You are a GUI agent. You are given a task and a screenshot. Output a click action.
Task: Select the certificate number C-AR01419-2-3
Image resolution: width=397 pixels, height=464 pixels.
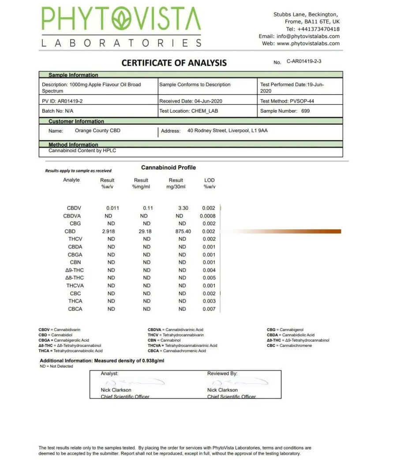coord(304,61)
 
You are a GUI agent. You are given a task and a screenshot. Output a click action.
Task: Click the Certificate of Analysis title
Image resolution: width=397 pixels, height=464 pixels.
coord(174,63)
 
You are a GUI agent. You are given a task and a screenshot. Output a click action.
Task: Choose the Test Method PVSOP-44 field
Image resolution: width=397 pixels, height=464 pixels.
coord(287,101)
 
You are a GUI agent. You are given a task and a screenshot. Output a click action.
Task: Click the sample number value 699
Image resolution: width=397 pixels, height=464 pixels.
coord(305,111)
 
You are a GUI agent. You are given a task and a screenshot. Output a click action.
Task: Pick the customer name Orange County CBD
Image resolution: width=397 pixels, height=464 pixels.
coord(97,131)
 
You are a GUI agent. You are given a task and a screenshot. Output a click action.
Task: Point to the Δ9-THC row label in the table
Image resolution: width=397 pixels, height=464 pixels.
coord(74,270)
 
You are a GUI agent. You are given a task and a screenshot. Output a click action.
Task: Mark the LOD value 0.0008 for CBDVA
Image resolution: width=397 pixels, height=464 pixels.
coord(208,216)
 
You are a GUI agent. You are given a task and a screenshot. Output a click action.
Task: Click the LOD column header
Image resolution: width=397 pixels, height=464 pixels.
coord(209,180)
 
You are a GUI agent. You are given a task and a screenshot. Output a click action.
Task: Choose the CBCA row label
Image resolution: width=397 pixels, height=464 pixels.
coord(75,309)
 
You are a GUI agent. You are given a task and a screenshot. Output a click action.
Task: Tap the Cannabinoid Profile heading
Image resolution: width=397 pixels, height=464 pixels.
coord(169,168)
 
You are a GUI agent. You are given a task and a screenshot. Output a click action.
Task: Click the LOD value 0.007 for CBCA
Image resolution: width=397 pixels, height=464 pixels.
coord(209,309)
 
